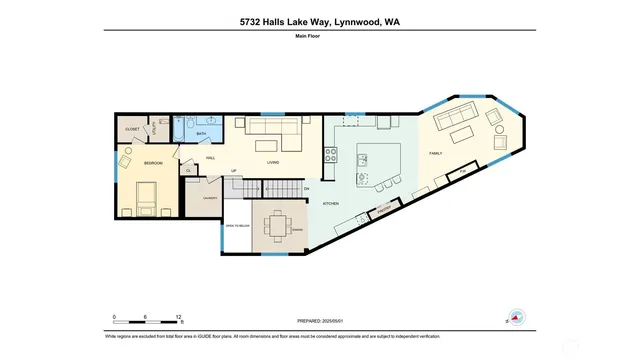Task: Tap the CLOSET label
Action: pyautogui.click(x=132, y=129)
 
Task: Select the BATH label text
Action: pyautogui.click(x=201, y=133)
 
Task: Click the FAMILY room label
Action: pyautogui.click(x=436, y=153)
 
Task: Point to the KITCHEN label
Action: pyautogui.click(x=330, y=203)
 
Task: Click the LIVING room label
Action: pyautogui.click(x=272, y=161)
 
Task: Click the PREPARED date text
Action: pyautogui.click(x=320, y=322)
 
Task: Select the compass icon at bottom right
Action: pyautogui.click(x=517, y=317)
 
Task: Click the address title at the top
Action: pyautogui.click(x=320, y=21)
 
